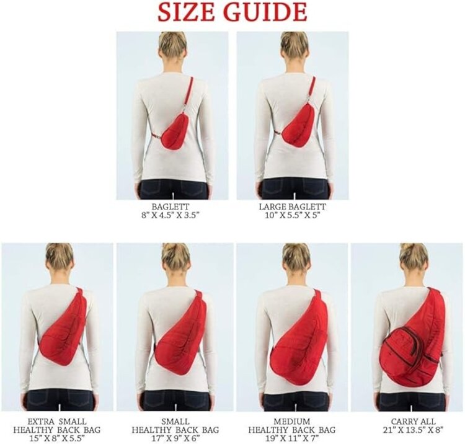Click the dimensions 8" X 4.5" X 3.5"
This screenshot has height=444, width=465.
pos(170,215)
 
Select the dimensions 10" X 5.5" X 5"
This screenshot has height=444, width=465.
pos(293,215)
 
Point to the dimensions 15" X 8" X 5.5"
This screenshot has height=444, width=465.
pos(57,437)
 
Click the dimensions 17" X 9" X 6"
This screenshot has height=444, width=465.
pos(175,437)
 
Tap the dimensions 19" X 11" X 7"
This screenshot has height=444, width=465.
pos(292,437)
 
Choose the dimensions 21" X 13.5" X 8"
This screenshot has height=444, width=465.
pos(413,430)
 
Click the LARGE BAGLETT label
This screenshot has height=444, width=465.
pos(293,206)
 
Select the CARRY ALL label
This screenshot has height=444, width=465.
pos(413,422)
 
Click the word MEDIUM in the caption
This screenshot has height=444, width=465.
pos(292,422)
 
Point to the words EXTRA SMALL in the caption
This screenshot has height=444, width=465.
pos(57,422)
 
